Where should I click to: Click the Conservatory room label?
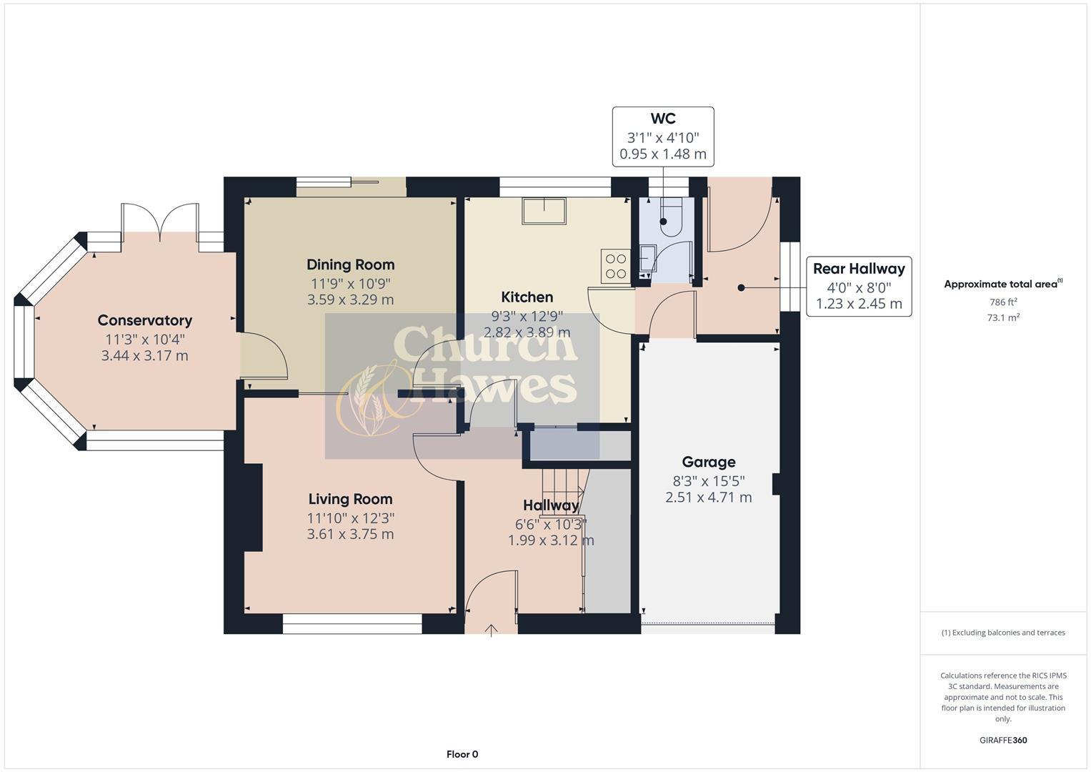144,320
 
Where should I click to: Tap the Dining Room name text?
350,264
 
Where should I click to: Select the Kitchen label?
527,297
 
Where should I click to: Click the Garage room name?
708,462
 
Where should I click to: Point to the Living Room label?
350,499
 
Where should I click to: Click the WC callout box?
662,137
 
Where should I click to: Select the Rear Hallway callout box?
858,286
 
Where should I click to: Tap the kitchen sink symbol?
544,212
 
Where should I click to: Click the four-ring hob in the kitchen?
615,266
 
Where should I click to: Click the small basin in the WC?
647,257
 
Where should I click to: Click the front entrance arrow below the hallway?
491,630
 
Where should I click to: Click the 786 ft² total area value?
1002,302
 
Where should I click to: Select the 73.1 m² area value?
1002,318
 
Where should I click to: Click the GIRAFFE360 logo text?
1002,740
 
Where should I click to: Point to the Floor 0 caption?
462,754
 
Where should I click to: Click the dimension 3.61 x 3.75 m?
350,534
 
